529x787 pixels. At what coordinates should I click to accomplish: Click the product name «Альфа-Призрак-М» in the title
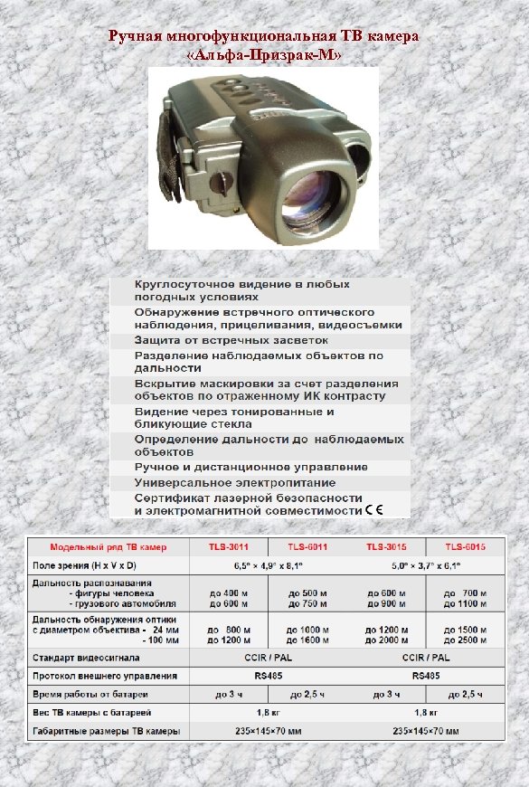[x=263, y=54]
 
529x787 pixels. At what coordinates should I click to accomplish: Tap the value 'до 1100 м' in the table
[x=465, y=603]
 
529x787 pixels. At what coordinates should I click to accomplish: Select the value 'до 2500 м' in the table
[x=465, y=640]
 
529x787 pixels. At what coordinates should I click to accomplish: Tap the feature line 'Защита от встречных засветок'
[x=231, y=341]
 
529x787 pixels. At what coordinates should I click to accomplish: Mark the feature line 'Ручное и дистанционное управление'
[x=250, y=467]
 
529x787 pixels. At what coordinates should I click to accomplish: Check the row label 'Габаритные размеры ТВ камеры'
[x=106, y=730]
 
